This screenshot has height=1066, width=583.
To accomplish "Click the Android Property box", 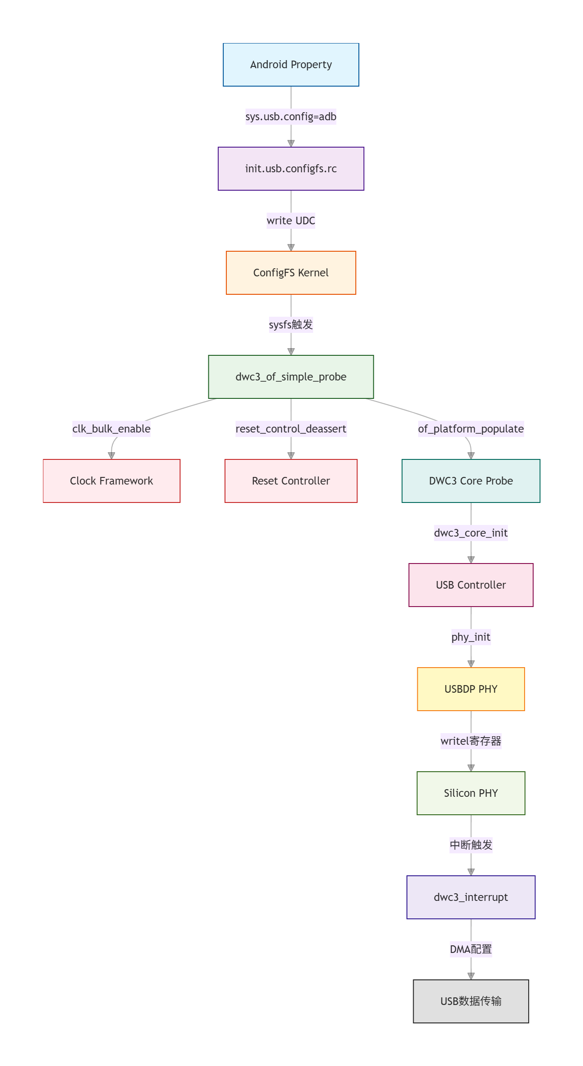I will [291, 65].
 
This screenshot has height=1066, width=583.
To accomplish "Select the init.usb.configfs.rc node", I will [291, 169].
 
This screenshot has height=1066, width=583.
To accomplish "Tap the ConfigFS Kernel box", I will [291, 273].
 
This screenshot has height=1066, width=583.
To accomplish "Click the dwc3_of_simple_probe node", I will [291, 377].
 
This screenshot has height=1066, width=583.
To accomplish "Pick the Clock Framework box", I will [111, 481].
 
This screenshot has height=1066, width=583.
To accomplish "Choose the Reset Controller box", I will [291, 481].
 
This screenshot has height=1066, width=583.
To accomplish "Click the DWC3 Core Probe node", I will [471, 481].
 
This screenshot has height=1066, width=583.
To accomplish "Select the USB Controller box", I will [471, 585].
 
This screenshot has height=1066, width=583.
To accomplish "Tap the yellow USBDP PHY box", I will [471, 689].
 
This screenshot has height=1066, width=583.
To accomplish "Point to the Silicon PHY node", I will [471, 793].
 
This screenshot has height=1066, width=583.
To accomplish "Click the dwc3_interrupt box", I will [471, 897].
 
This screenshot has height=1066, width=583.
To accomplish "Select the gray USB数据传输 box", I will [471, 1001].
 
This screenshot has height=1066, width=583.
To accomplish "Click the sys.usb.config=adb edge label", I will [291, 117].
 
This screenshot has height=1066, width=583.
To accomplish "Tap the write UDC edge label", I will [291, 221].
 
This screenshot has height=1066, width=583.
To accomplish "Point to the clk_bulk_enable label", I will [111, 429].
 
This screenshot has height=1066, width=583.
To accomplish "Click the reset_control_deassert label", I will [291, 429].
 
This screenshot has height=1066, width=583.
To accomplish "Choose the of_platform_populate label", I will [471, 429].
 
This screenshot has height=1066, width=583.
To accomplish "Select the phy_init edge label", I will [471, 637].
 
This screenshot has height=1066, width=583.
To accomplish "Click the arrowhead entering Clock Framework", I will [111, 456].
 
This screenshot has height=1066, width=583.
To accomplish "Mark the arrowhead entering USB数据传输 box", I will [471, 976].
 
